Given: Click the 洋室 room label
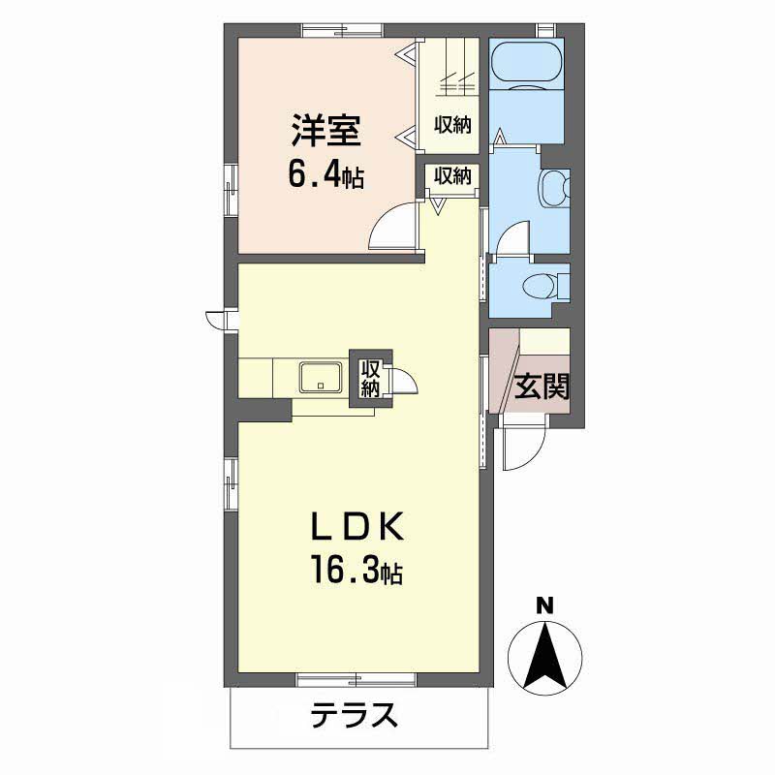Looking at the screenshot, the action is (x=325, y=131).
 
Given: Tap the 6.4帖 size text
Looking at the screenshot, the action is (x=326, y=175).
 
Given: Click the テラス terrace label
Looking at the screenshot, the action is (x=355, y=715).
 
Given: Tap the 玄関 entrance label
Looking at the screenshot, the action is (x=542, y=386).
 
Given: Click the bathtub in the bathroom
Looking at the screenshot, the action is (x=526, y=65).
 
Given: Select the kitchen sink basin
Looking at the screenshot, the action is (x=321, y=378).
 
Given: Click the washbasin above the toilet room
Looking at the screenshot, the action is (x=554, y=189).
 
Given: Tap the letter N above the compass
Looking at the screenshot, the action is (x=545, y=606).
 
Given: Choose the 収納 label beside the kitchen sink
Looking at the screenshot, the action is (x=370, y=379).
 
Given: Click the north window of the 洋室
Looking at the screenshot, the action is (x=343, y=30).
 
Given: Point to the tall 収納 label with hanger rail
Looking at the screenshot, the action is (x=452, y=125).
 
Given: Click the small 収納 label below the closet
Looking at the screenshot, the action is (x=452, y=175).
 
